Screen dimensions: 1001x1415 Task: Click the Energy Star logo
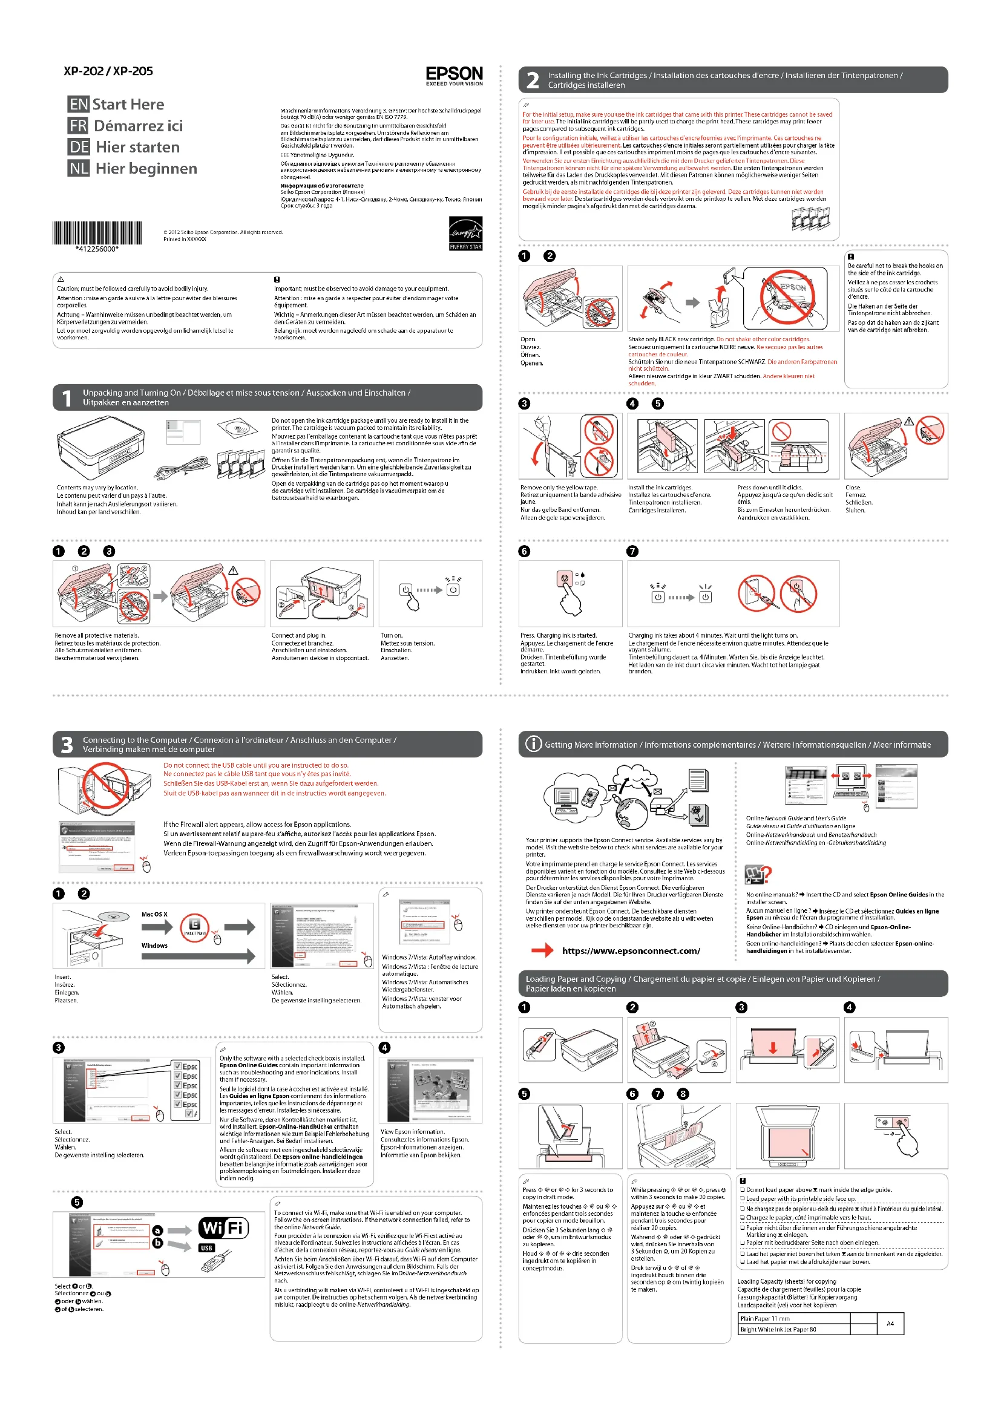[x=465, y=233]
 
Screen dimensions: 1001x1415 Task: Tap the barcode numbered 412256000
[x=97, y=235]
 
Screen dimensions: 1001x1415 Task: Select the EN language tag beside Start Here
[x=78, y=104]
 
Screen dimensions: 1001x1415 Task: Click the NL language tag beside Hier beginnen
[x=78, y=168]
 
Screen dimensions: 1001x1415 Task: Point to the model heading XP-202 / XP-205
[x=108, y=71]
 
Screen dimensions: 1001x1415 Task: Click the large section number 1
[x=67, y=398]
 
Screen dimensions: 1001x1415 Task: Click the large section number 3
[x=67, y=745]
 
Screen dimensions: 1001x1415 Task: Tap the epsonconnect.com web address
[x=631, y=951]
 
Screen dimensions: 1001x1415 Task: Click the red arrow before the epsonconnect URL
[x=542, y=951]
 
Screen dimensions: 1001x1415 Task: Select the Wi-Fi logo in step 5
[x=223, y=1228]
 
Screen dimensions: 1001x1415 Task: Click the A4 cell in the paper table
[x=890, y=1323]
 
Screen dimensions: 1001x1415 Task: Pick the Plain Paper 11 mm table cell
[x=793, y=1318]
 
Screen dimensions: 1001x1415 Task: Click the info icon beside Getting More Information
[x=533, y=744]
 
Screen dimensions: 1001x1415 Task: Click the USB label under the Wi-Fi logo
[x=206, y=1248]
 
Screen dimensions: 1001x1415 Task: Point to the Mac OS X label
[x=154, y=914]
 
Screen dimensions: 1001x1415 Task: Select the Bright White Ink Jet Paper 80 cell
[x=793, y=1329]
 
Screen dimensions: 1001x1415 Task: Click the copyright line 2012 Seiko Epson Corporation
[x=223, y=232]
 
